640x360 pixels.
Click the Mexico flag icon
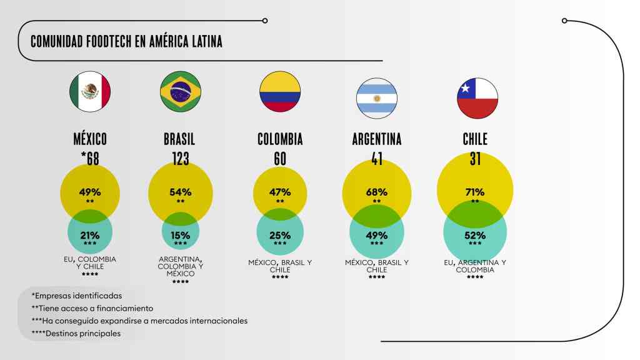point(90,92)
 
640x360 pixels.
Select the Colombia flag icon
point(280,92)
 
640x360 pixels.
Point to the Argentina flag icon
point(377,98)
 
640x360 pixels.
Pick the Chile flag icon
point(477,98)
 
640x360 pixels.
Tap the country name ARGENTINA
point(377,139)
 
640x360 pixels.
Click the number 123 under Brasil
point(180,159)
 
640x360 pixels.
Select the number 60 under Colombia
point(280,159)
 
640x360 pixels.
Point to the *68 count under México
point(90,159)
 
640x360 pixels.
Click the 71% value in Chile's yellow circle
point(475,192)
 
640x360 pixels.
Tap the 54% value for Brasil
point(180,192)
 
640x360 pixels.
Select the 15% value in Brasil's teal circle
point(180,236)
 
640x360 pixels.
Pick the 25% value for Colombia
point(280,236)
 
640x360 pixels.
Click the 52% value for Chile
point(475,236)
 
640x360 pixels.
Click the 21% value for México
point(90,236)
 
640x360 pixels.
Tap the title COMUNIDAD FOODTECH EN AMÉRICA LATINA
point(126,41)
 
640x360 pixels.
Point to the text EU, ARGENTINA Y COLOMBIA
point(475,266)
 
